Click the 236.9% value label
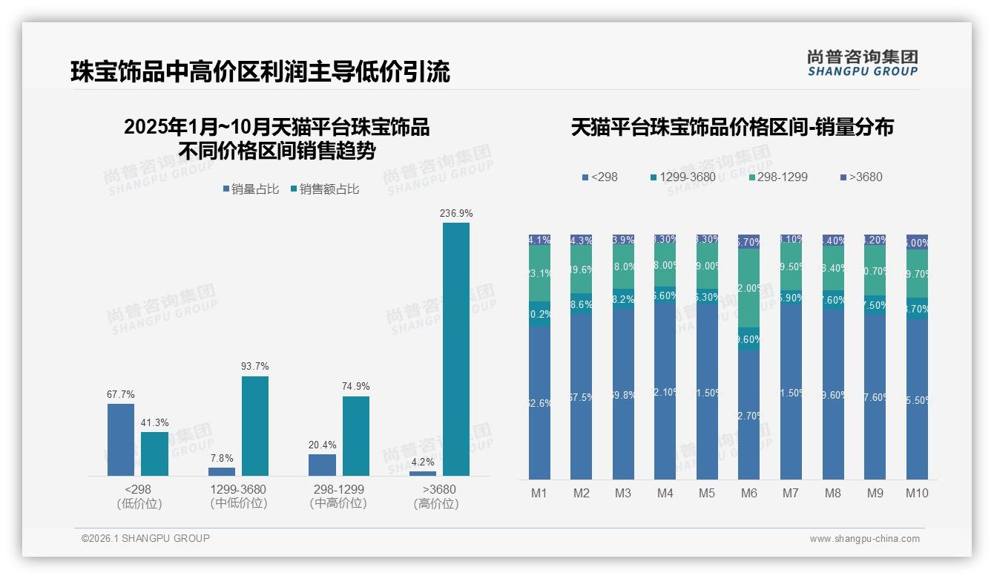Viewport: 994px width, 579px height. (x=455, y=214)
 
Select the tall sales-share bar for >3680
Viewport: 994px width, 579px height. (x=455, y=349)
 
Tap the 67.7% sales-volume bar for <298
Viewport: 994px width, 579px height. (x=121, y=439)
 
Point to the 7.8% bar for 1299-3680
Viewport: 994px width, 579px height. (x=222, y=471)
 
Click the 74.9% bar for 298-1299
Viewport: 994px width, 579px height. (x=356, y=436)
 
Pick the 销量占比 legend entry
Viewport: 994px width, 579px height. (x=251, y=189)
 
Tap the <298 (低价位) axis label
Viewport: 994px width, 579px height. (x=139, y=496)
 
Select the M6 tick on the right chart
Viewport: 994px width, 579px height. (x=748, y=493)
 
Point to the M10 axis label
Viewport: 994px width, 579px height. (x=917, y=493)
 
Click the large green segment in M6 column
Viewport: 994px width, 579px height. (x=748, y=288)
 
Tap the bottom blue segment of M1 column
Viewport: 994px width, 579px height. (x=539, y=403)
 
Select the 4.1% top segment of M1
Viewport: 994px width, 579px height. (x=539, y=240)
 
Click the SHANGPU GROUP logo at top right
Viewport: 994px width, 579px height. (x=862, y=63)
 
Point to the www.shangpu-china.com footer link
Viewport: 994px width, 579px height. (x=864, y=539)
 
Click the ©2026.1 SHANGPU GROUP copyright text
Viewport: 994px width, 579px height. (x=145, y=538)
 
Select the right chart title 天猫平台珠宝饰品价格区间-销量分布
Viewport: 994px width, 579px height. (x=732, y=127)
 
